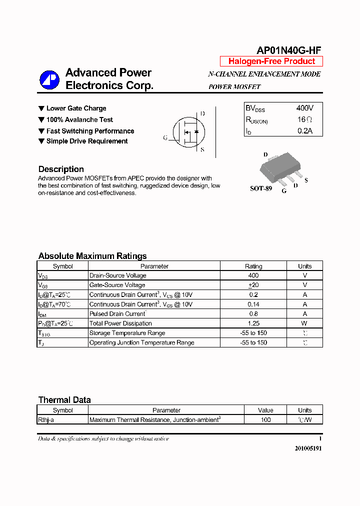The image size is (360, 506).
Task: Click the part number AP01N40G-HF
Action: click(x=288, y=50)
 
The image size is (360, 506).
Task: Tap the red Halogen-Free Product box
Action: click(x=271, y=61)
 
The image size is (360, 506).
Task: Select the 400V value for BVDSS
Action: click(x=304, y=108)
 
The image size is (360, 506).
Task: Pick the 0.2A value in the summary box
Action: click(x=304, y=131)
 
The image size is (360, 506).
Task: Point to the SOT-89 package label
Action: click(x=260, y=189)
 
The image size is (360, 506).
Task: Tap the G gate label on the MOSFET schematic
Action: click(x=165, y=137)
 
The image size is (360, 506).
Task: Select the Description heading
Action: click(x=61, y=169)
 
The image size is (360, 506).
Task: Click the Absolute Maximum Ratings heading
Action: click(x=92, y=256)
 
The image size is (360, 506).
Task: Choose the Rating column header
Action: click(x=253, y=266)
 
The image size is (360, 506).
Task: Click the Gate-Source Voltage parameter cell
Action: click(x=117, y=285)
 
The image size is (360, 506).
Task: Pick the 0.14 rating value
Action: click(x=253, y=304)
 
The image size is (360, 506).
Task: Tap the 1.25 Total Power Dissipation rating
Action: click(x=253, y=323)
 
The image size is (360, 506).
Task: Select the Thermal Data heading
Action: click(x=64, y=400)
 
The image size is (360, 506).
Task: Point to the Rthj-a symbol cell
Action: click(x=46, y=420)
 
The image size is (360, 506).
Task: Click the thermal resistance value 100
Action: click(x=265, y=420)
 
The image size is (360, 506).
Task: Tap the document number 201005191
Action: click(x=308, y=448)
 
